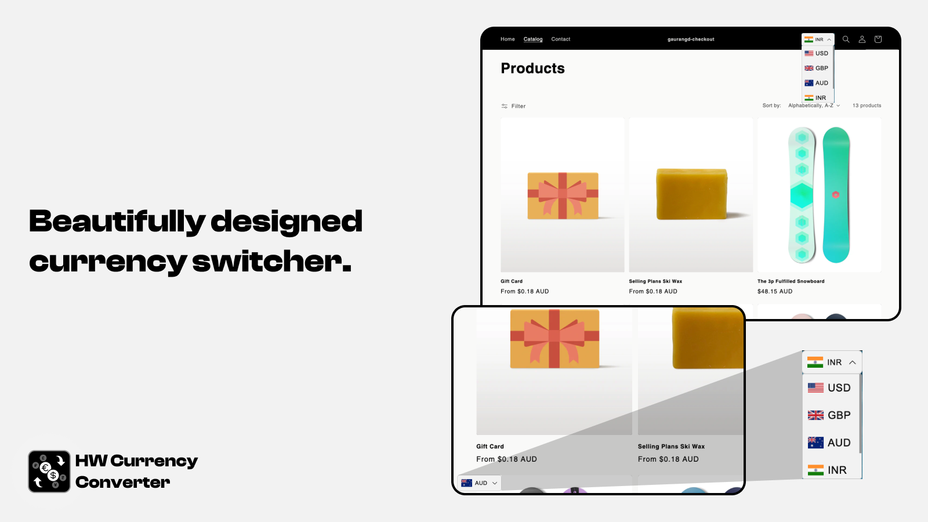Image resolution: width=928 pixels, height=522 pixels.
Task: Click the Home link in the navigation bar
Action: coord(507,39)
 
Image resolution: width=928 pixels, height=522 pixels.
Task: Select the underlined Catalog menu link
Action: coord(533,39)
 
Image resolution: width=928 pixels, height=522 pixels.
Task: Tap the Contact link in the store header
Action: coord(560,39)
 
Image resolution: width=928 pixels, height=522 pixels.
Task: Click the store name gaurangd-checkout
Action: coord(691,39)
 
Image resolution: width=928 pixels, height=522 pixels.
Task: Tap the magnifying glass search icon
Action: coord(846,39)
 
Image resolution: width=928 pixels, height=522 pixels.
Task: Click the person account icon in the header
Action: coord(862,39)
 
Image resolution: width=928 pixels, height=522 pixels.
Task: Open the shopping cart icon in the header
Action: coord(878,39)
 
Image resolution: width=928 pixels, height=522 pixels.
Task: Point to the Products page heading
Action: coord(532,68)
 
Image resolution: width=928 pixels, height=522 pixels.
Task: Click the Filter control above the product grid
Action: coord(513,106)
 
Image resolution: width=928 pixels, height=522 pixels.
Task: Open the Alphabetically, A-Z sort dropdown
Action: coord(814,106)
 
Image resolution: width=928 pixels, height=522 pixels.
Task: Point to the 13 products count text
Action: coord(867,106)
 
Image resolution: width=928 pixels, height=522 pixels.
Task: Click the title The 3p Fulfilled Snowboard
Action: coord(791,281)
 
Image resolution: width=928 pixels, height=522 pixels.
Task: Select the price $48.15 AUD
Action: coord(775,291)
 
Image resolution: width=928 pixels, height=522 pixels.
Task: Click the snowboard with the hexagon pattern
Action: coord(802,195)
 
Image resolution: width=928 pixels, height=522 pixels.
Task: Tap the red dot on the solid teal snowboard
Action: coord(836,195)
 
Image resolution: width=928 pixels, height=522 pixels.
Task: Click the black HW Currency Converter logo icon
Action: coord(49,472)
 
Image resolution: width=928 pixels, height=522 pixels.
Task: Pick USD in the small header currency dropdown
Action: coord(816,53)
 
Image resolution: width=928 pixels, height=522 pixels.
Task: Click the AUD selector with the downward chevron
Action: coord(479,483)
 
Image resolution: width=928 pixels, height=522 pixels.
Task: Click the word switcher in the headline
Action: coord(272,261)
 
